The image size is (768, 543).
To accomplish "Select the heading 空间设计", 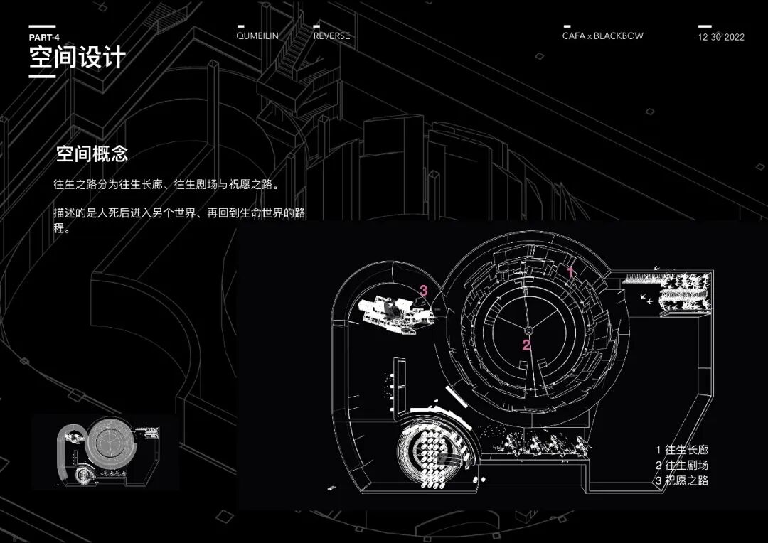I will [x=77, y=58].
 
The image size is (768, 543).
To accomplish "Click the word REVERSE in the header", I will [x=331, y=36].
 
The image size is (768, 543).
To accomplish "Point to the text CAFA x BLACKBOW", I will [x=602, y=36].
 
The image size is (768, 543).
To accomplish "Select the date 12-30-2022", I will [x=721, y=37].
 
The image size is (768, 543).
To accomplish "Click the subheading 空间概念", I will [x=92, y=154].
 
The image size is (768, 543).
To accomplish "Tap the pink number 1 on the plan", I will [x=570, y=271].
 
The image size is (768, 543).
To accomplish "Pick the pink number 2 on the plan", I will [x=526, y=346].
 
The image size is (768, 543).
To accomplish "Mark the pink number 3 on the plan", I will [x=423, y=290].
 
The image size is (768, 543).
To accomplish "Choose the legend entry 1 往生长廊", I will [x=681, y=450].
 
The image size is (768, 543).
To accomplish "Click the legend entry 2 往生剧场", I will [x=681, y=466].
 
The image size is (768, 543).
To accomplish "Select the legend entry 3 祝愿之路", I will [x=681, y=481].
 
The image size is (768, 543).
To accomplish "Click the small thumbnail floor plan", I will [x=105, y=453].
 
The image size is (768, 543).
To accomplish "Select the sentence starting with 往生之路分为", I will [x=166, y=184].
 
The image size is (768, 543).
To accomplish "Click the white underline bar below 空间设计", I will [x=42, y=75].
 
